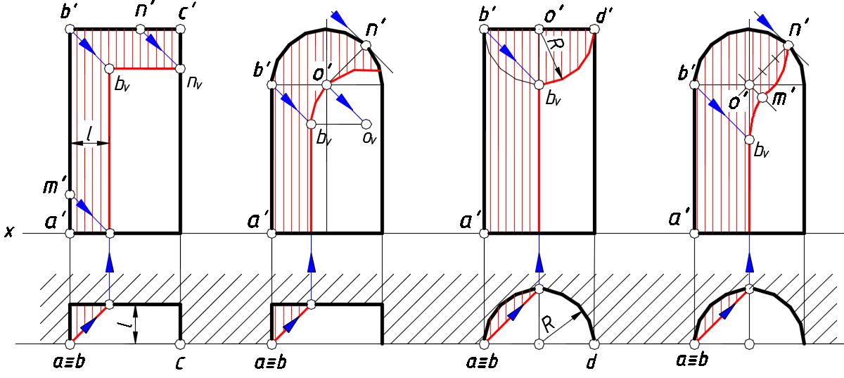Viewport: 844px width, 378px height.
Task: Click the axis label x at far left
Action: click(9, 232)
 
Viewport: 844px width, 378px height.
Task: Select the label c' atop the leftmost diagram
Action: click(187, 13)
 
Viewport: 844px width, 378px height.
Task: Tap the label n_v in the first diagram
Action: click(194, 82)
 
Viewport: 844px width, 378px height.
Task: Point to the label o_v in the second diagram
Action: click(370, 138)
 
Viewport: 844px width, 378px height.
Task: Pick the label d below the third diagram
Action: click(592, 362)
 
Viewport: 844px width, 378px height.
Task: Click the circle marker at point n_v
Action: click(181, 69)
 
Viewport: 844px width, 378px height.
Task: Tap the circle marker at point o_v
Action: click(366, 124)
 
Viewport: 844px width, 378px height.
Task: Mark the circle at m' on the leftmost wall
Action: click(70, 195)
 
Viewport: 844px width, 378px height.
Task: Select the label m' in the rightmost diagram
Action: click(781, 99)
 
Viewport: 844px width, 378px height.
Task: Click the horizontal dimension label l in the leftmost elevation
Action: click(89, 134)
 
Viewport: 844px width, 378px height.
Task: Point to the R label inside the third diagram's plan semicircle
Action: click(549, 324)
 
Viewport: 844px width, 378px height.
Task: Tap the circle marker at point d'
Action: click(594, 29)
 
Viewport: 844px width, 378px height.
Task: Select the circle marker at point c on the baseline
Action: click(181, 344)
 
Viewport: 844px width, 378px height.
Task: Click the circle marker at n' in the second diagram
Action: click(366, 46)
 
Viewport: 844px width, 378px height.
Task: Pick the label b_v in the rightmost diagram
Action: click(762, 151)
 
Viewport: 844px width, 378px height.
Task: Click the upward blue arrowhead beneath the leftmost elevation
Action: click(110, 263)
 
